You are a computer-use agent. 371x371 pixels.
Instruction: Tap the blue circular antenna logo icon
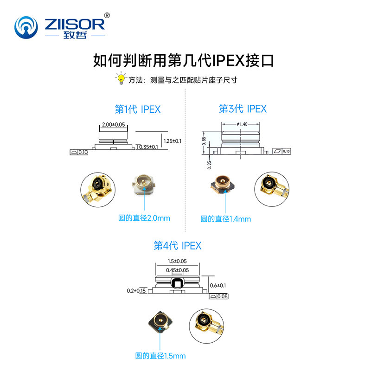coord(27,28)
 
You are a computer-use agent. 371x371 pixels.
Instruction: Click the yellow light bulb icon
coord(121,79)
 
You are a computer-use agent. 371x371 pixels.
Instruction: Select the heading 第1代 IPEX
coord(137,109)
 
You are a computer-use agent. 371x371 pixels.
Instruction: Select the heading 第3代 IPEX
coord(243,109)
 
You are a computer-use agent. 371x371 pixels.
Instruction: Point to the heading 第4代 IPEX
coord(178,245)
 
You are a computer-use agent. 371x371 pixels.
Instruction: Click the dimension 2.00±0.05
coord(113,125)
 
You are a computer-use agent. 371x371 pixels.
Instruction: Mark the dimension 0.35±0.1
coord(149,147)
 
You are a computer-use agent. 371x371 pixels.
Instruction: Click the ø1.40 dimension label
coord(242,124)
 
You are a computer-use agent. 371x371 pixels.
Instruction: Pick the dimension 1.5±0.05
coord(178,262)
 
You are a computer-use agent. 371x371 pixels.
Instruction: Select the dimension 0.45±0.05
coord(178,270)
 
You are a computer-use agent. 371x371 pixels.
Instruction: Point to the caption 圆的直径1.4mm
coord(225,219)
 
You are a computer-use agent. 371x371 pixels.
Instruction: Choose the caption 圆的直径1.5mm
coord(160,356)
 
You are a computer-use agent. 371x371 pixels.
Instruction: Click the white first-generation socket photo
coord(146,184)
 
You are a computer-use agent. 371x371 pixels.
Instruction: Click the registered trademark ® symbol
coord(107,15)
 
